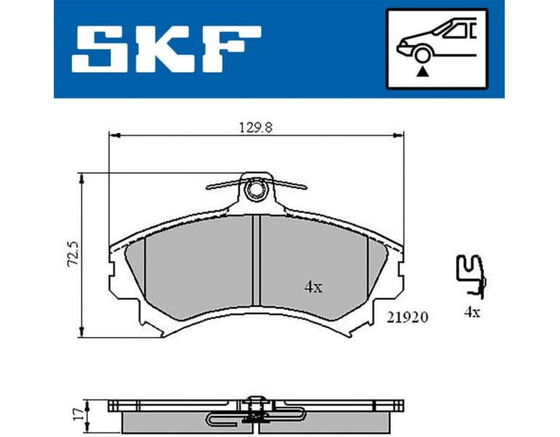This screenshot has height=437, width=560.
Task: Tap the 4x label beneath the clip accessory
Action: pos(472,312)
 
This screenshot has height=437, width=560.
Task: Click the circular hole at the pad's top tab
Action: pos(255,191)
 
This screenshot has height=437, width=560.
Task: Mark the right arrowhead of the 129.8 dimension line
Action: pos(399,135)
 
